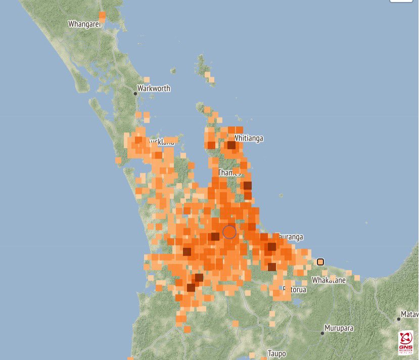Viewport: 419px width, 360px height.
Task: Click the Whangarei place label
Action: (x=84, y=24)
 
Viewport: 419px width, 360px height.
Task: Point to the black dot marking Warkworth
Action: (x=135, y=94)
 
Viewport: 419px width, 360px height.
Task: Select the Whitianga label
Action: (x=249, y=138)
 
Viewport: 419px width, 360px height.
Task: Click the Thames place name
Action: (x=229, y=172)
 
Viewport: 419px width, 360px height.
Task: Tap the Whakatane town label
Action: (x=329, y=280)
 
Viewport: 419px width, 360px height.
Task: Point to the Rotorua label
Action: (x=295, y=290)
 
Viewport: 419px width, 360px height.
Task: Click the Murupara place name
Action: (x=339, y=328)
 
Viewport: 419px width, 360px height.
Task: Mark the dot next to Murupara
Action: (x=322, y=333)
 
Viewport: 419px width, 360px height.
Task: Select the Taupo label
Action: (x=276, y=353)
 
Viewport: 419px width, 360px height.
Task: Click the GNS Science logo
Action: (x=406, y=343)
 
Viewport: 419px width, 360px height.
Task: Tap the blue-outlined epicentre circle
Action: (x=229, y=232)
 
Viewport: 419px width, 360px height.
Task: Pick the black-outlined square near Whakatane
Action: (x=320, y=262)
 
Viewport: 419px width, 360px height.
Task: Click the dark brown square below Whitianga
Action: (x=231, y=145)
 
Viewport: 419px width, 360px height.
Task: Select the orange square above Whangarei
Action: (x=103, y=16)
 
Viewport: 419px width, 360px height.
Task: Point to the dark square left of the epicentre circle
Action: (x=215, y=236)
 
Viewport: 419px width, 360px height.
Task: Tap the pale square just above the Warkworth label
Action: (x=147, y=79)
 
